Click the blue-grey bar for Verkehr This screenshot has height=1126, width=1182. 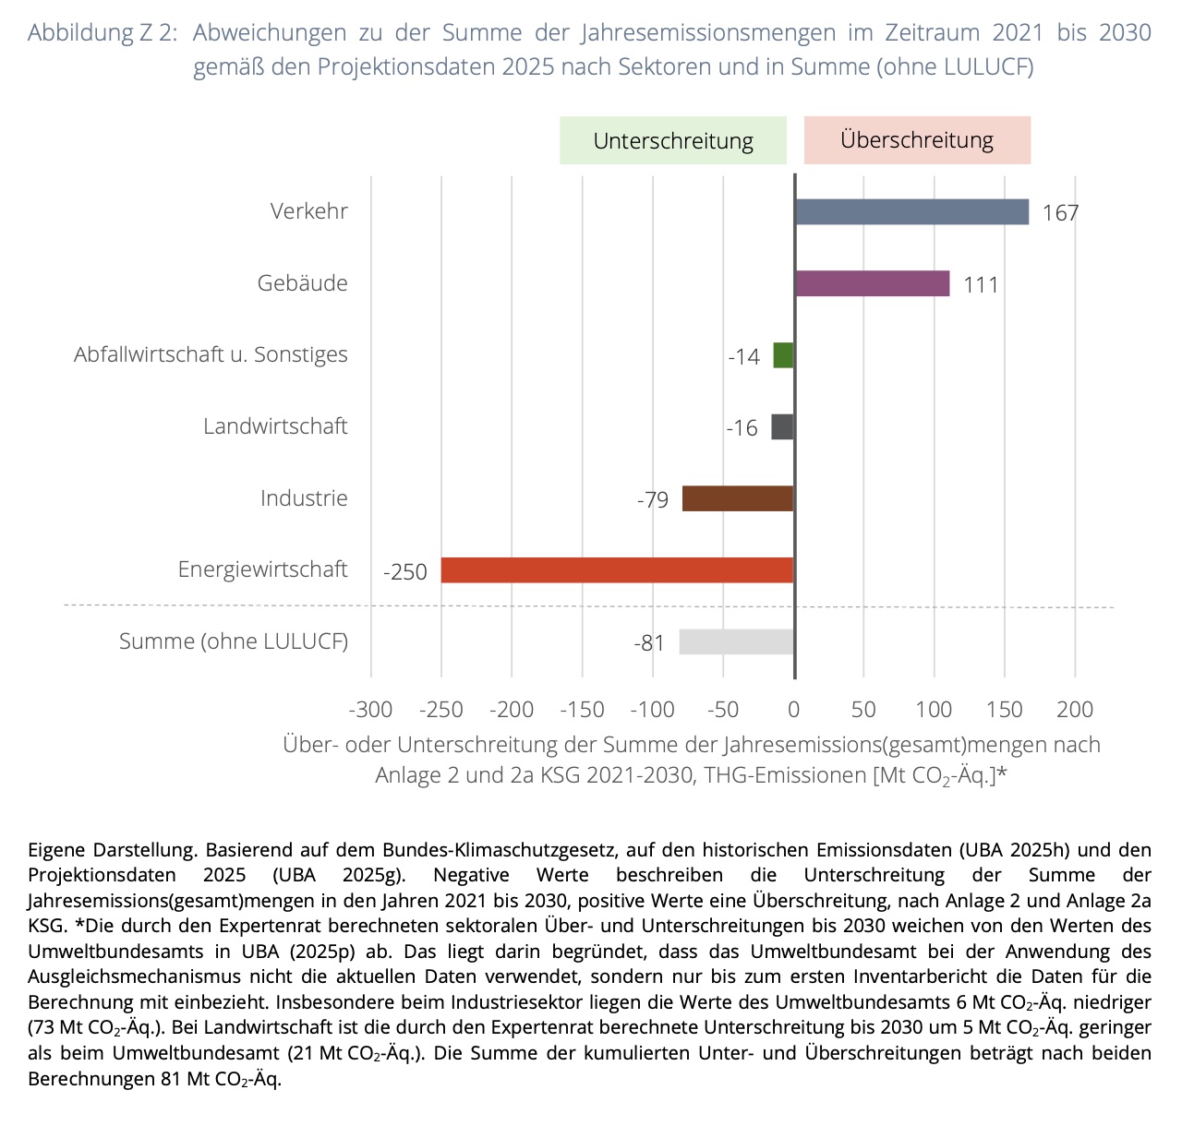pos(911,212)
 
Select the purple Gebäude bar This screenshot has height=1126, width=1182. pos(873,283)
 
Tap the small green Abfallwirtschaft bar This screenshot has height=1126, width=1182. pos(783,355)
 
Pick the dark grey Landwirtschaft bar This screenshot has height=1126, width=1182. pos(782,426)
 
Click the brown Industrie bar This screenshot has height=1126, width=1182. pos(738,498)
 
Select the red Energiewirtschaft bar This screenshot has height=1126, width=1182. pos(618,570)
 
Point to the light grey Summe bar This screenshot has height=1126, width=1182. pos(737,641)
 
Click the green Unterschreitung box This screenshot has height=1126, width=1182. pos(673,140)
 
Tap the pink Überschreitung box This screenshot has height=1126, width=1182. pos(917,140)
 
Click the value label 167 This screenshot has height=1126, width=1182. pos(1060,213)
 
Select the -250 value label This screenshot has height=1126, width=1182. pos(405,572)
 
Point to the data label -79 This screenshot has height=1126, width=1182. pos(653,500)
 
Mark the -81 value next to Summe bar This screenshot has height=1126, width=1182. pos(649,643)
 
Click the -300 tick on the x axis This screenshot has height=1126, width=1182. pos(370,710)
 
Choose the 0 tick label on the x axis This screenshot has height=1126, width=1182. pos(793,710)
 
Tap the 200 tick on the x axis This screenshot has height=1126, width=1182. pos(1075,710)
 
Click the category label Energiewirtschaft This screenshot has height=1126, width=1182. pos(263,569)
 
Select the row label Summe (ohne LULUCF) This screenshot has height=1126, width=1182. pos(234,641)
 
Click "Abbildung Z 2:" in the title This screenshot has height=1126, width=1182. pos(103,32)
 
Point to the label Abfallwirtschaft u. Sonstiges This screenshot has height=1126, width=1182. pos(211,354)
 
